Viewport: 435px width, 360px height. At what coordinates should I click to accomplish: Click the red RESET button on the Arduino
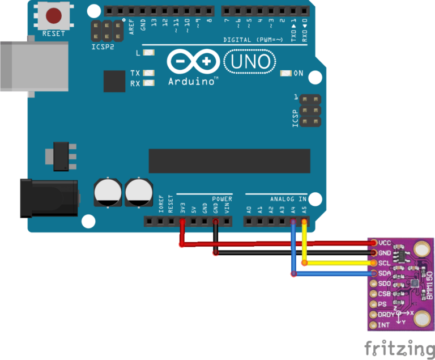pyautogui.click(x=54, y=15)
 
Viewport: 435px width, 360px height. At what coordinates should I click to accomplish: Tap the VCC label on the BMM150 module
pyautogui.click(x=385, y=242)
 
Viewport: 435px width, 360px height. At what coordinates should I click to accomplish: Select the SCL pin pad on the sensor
pyautogui.click(x=373, y=263)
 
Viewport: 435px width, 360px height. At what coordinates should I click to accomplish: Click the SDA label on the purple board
pyautogui.click(x=385, y=273)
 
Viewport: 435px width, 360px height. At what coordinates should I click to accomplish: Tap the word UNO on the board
pyautogui.click(x=250, y=61)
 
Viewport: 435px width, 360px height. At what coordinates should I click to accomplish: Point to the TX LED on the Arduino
pyautogui.click(x=149, y=73)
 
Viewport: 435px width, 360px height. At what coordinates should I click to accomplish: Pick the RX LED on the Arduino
pyautogui.click(x=149, y=83)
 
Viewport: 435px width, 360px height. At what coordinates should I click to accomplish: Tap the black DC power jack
pyautogui.click(x=48, y=198)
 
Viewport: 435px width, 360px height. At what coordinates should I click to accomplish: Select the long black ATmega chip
pyautogui.click(x=229, y=161)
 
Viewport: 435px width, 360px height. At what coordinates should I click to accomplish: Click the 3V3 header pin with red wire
pyautogui.click(x=182, y=221)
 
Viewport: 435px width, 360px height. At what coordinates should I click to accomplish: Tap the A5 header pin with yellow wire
pyautogui.click(x=304, y=221)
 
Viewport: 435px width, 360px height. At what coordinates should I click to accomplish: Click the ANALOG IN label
pyautogui.click(x=288, y=199)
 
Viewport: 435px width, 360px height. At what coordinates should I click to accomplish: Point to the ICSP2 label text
pyautogui.click(x=103, y=46)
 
